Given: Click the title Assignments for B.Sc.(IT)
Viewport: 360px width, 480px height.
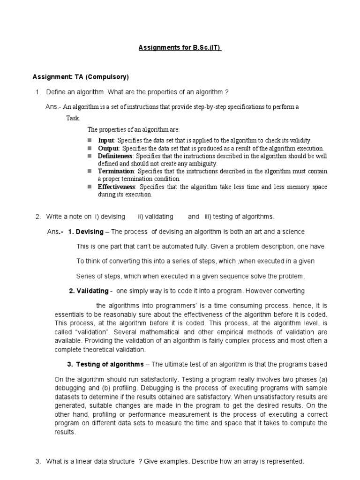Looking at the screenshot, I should click(x=180, y=47).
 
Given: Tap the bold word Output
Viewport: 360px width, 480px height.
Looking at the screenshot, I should click(x=109, y=148).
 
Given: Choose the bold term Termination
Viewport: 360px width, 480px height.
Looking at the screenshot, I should click(x=116, y=171).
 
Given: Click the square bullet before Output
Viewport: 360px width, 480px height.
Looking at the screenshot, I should click(x=90, y=148).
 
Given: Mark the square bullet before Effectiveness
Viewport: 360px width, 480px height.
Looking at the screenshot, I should click(x=90, y=187).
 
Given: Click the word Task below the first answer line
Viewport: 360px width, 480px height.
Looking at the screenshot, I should click(x=73, y=118).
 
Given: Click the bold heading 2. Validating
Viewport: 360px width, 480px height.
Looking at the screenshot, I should click(x=89, y=291).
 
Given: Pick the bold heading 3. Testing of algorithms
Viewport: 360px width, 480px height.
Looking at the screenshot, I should click(x=105, y=364).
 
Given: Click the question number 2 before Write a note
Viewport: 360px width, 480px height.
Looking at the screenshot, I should click(x=37, y=217).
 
